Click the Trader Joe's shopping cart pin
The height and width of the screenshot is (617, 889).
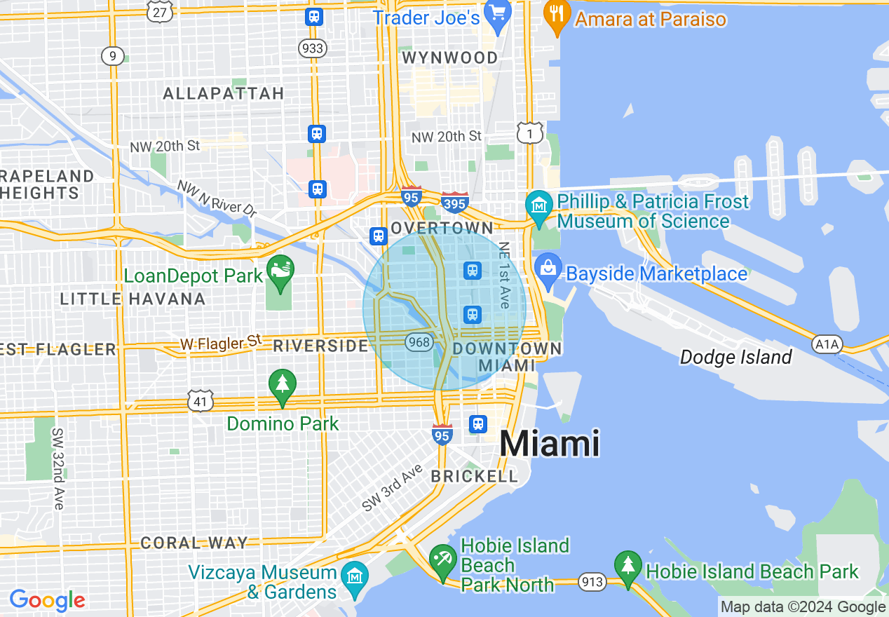498,16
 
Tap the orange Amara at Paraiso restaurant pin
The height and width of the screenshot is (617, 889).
557,17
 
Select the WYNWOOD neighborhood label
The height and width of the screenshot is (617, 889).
451,57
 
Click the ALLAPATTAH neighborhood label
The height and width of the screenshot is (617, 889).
224,93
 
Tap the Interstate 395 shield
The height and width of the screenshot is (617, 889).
455,203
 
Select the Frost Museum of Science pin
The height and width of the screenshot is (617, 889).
538,207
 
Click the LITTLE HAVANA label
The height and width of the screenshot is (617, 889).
133,299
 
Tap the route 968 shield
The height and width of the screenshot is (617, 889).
418,342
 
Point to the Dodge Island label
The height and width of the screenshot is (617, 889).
735,358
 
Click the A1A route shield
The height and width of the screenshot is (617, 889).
827,344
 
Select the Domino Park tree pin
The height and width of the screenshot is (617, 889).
282,385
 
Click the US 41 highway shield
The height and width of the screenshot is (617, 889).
201,401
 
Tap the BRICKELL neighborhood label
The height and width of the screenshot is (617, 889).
474,476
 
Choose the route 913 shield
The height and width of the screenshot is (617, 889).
592,581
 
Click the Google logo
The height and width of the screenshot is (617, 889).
47,601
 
